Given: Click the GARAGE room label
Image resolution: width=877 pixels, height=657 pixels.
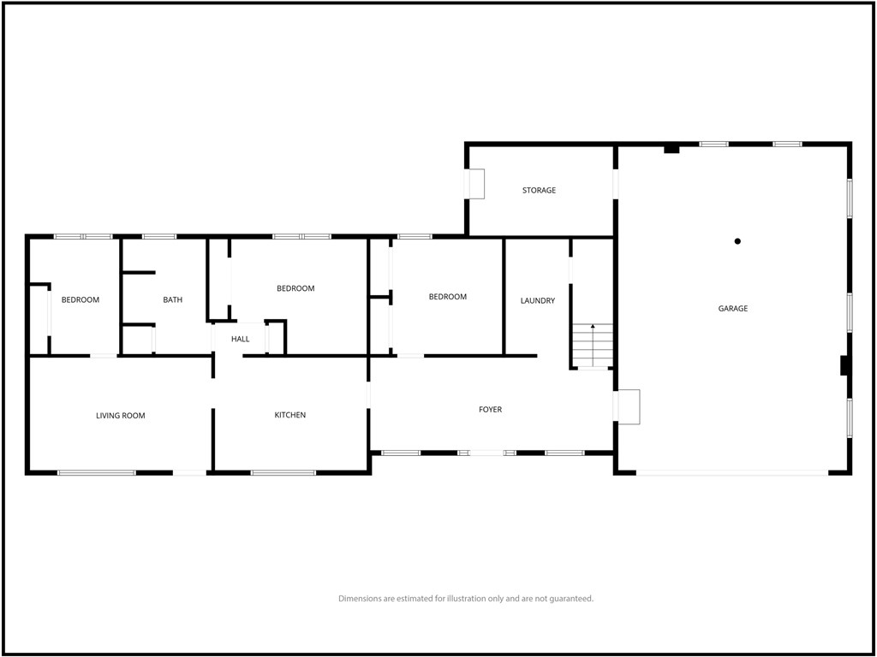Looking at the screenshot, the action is pyautogui.click(x=733, y=308).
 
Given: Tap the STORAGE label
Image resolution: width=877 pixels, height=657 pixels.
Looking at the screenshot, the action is pyautogui.click(x=540, y=191).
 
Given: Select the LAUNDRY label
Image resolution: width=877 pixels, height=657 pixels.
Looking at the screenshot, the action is pyautogui.click(x=538, y=300).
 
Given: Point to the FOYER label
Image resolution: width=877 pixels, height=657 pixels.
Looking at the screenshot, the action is pyautogui.click(x=491, y=410).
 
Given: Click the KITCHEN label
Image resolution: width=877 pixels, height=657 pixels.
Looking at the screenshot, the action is pyautogui.click(x=290, y=415).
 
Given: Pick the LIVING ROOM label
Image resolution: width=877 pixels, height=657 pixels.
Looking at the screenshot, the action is pyautogui.click(x=121, y=416).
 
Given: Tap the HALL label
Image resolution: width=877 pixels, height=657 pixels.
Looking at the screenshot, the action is pyautogui.click(x=241, y=339).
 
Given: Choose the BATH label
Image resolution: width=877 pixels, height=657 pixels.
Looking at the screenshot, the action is pyautogui.click(x=173, y=300).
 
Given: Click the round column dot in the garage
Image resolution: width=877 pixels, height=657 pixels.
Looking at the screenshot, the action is pyautogui.click(x=737, y=241).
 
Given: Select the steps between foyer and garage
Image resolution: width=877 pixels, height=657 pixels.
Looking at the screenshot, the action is pyautogui.click(x=629, y=407).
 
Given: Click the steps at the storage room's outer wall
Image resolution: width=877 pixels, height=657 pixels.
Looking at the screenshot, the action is pyautogui.click(x=476, y=184).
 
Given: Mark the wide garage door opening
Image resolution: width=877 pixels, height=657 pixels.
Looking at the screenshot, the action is pyautogui.click(x=732, y=472).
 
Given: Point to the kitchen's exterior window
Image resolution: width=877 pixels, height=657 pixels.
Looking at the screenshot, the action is pyautogui.click(x=283, y=472).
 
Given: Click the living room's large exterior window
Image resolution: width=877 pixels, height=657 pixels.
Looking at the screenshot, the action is pyautogui.click(x=97, y=472).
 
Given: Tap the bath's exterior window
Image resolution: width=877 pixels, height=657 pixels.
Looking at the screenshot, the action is pyautogui.click(x=159, y=236).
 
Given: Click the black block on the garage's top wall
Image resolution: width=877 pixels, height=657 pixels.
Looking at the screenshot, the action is pyautogui.click(x=671, y=149).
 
